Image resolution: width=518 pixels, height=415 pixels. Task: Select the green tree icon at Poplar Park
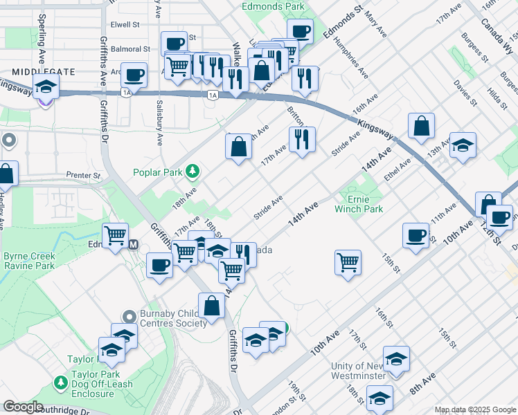coord(195,172)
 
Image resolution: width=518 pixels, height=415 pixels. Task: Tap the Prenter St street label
coord(84,176)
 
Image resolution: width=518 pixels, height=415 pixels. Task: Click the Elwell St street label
coord(125,24)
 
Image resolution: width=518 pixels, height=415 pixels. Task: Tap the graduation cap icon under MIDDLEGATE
coord(46,87)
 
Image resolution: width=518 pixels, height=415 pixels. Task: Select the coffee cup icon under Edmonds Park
coord(300,31)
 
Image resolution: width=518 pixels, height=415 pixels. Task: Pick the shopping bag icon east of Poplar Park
coord(238,147)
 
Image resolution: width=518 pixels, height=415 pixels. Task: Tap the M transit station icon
coord(134,244)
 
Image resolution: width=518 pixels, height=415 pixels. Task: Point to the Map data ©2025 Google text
coord(474,409)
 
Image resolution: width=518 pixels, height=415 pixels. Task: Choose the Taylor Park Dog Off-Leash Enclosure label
coord(91,387)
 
